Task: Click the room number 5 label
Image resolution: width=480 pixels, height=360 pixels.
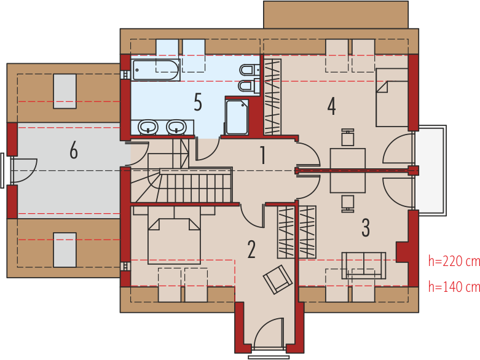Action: tap(198, 102)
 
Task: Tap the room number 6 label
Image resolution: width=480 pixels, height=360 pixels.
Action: tap(74, 151)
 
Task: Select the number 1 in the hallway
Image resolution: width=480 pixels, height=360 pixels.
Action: tap(262, 155)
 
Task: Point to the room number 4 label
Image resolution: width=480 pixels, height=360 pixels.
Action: tap(331, 106)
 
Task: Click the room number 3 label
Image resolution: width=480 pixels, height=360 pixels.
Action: tap(366, 228)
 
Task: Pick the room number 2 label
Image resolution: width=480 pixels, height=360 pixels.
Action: tap(251, 249)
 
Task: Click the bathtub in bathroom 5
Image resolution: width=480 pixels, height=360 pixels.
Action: tap(156, 70)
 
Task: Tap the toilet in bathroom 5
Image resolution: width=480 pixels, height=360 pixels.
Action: tap(250, 71)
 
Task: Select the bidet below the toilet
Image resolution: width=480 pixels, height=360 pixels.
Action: tap(249, 86)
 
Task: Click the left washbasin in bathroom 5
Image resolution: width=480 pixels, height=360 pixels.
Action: tap(148, 127)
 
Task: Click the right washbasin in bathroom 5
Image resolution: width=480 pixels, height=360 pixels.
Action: tap(176, 127)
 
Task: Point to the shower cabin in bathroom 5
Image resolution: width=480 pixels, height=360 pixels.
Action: tap(237, 117)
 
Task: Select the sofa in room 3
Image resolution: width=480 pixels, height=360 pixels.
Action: tap(364, 265)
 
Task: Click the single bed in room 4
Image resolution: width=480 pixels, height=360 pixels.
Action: tap(392, 98)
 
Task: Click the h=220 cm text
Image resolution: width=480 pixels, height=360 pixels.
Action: tap(454, 262)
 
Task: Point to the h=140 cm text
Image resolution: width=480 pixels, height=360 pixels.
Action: tap(454, 287)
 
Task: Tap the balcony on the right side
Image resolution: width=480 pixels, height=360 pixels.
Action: tap(431, 170)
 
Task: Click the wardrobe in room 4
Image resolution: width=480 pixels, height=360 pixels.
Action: tap(272, 96)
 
